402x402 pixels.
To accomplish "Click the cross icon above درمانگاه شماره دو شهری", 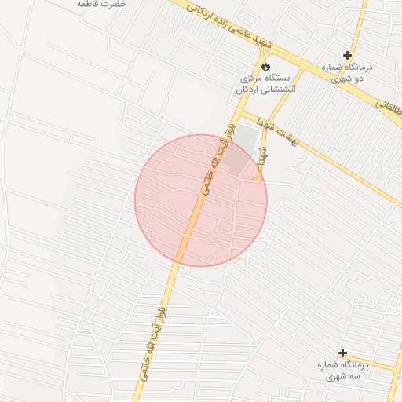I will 347,55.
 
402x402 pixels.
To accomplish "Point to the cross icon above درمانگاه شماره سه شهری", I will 342,353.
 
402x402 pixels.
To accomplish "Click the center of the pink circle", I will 201,200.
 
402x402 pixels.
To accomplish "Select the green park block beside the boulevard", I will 246,140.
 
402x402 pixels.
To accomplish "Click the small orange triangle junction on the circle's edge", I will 257,177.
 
